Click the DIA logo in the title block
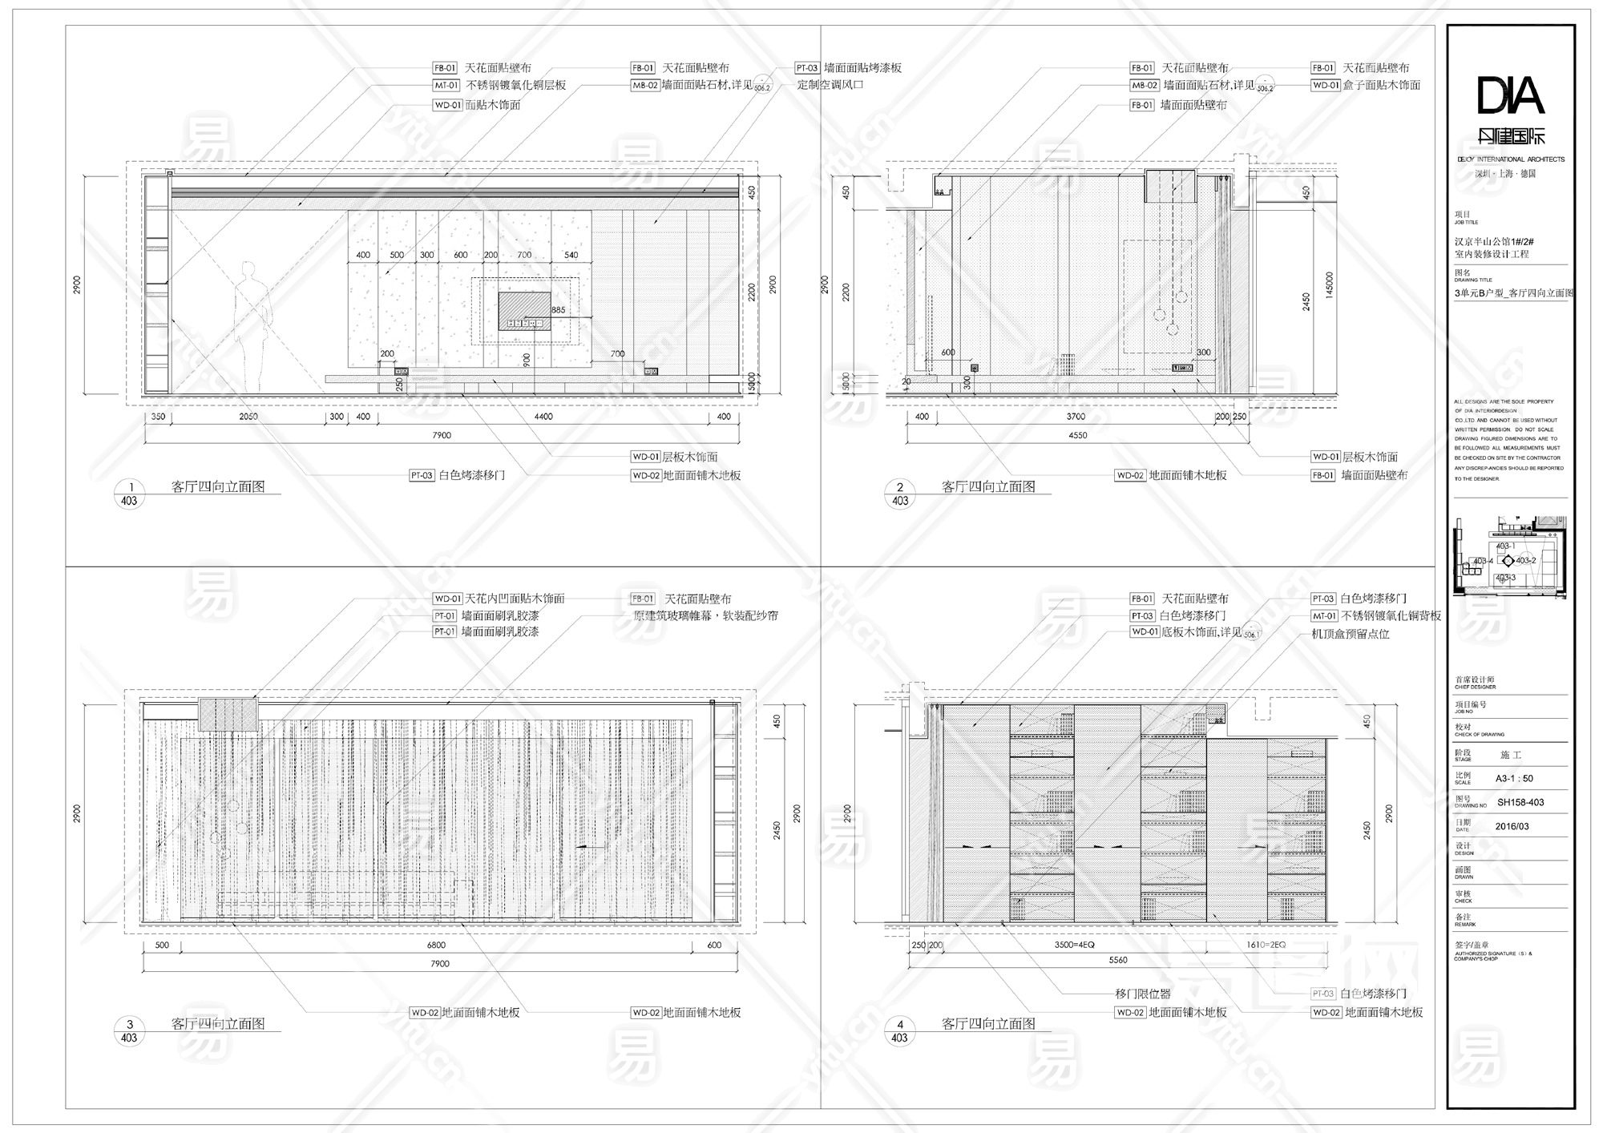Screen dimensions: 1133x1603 coord(1510,96)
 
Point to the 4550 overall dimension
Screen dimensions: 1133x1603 coord(1078,435)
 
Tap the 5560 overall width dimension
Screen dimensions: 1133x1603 coord(1117,960)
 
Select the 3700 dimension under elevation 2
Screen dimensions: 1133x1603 coord(1076,417)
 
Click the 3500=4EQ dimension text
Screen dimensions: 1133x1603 coord(1074,946)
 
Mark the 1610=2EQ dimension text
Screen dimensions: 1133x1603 coord(1266,946)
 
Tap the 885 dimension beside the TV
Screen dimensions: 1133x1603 coord(558,310)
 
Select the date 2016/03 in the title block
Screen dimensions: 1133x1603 coord(1512,826)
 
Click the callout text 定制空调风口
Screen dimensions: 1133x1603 coord(830,85)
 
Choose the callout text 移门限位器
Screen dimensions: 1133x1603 coord(1143,994)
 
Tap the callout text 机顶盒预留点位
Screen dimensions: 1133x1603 coord(1351,634)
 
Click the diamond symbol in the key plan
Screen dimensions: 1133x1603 coord(1508,561)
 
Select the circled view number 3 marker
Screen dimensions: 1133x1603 coord(130,1024)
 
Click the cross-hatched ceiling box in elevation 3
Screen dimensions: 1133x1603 coord(228,714)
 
